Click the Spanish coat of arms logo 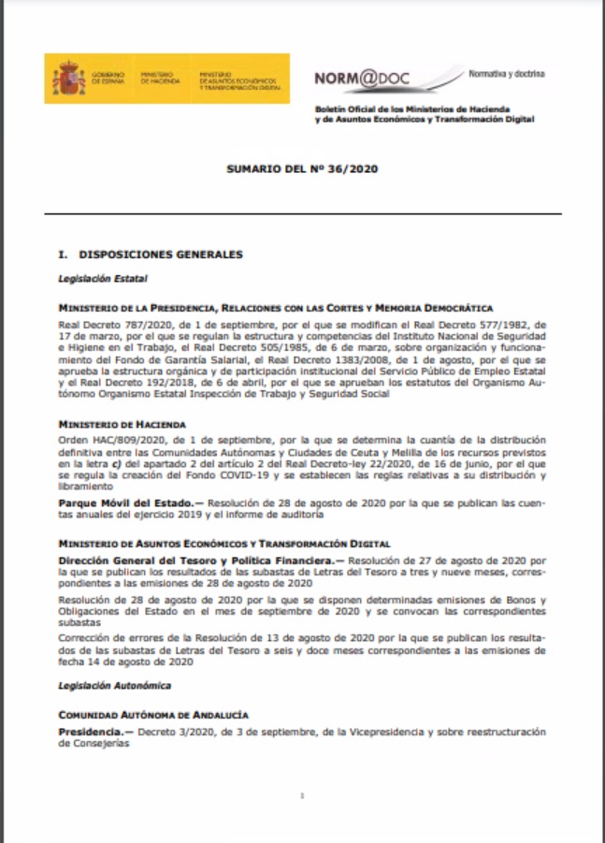pyautogui.click(x=68, y=78)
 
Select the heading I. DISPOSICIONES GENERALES pyautogui.click(x=151, y=254)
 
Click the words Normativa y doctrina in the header pyautogui.click(x=506, y=73)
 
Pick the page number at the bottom pyautogui.click(x=303, y=796)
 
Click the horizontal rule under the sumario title pyautogui.click(x=303, y=214)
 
